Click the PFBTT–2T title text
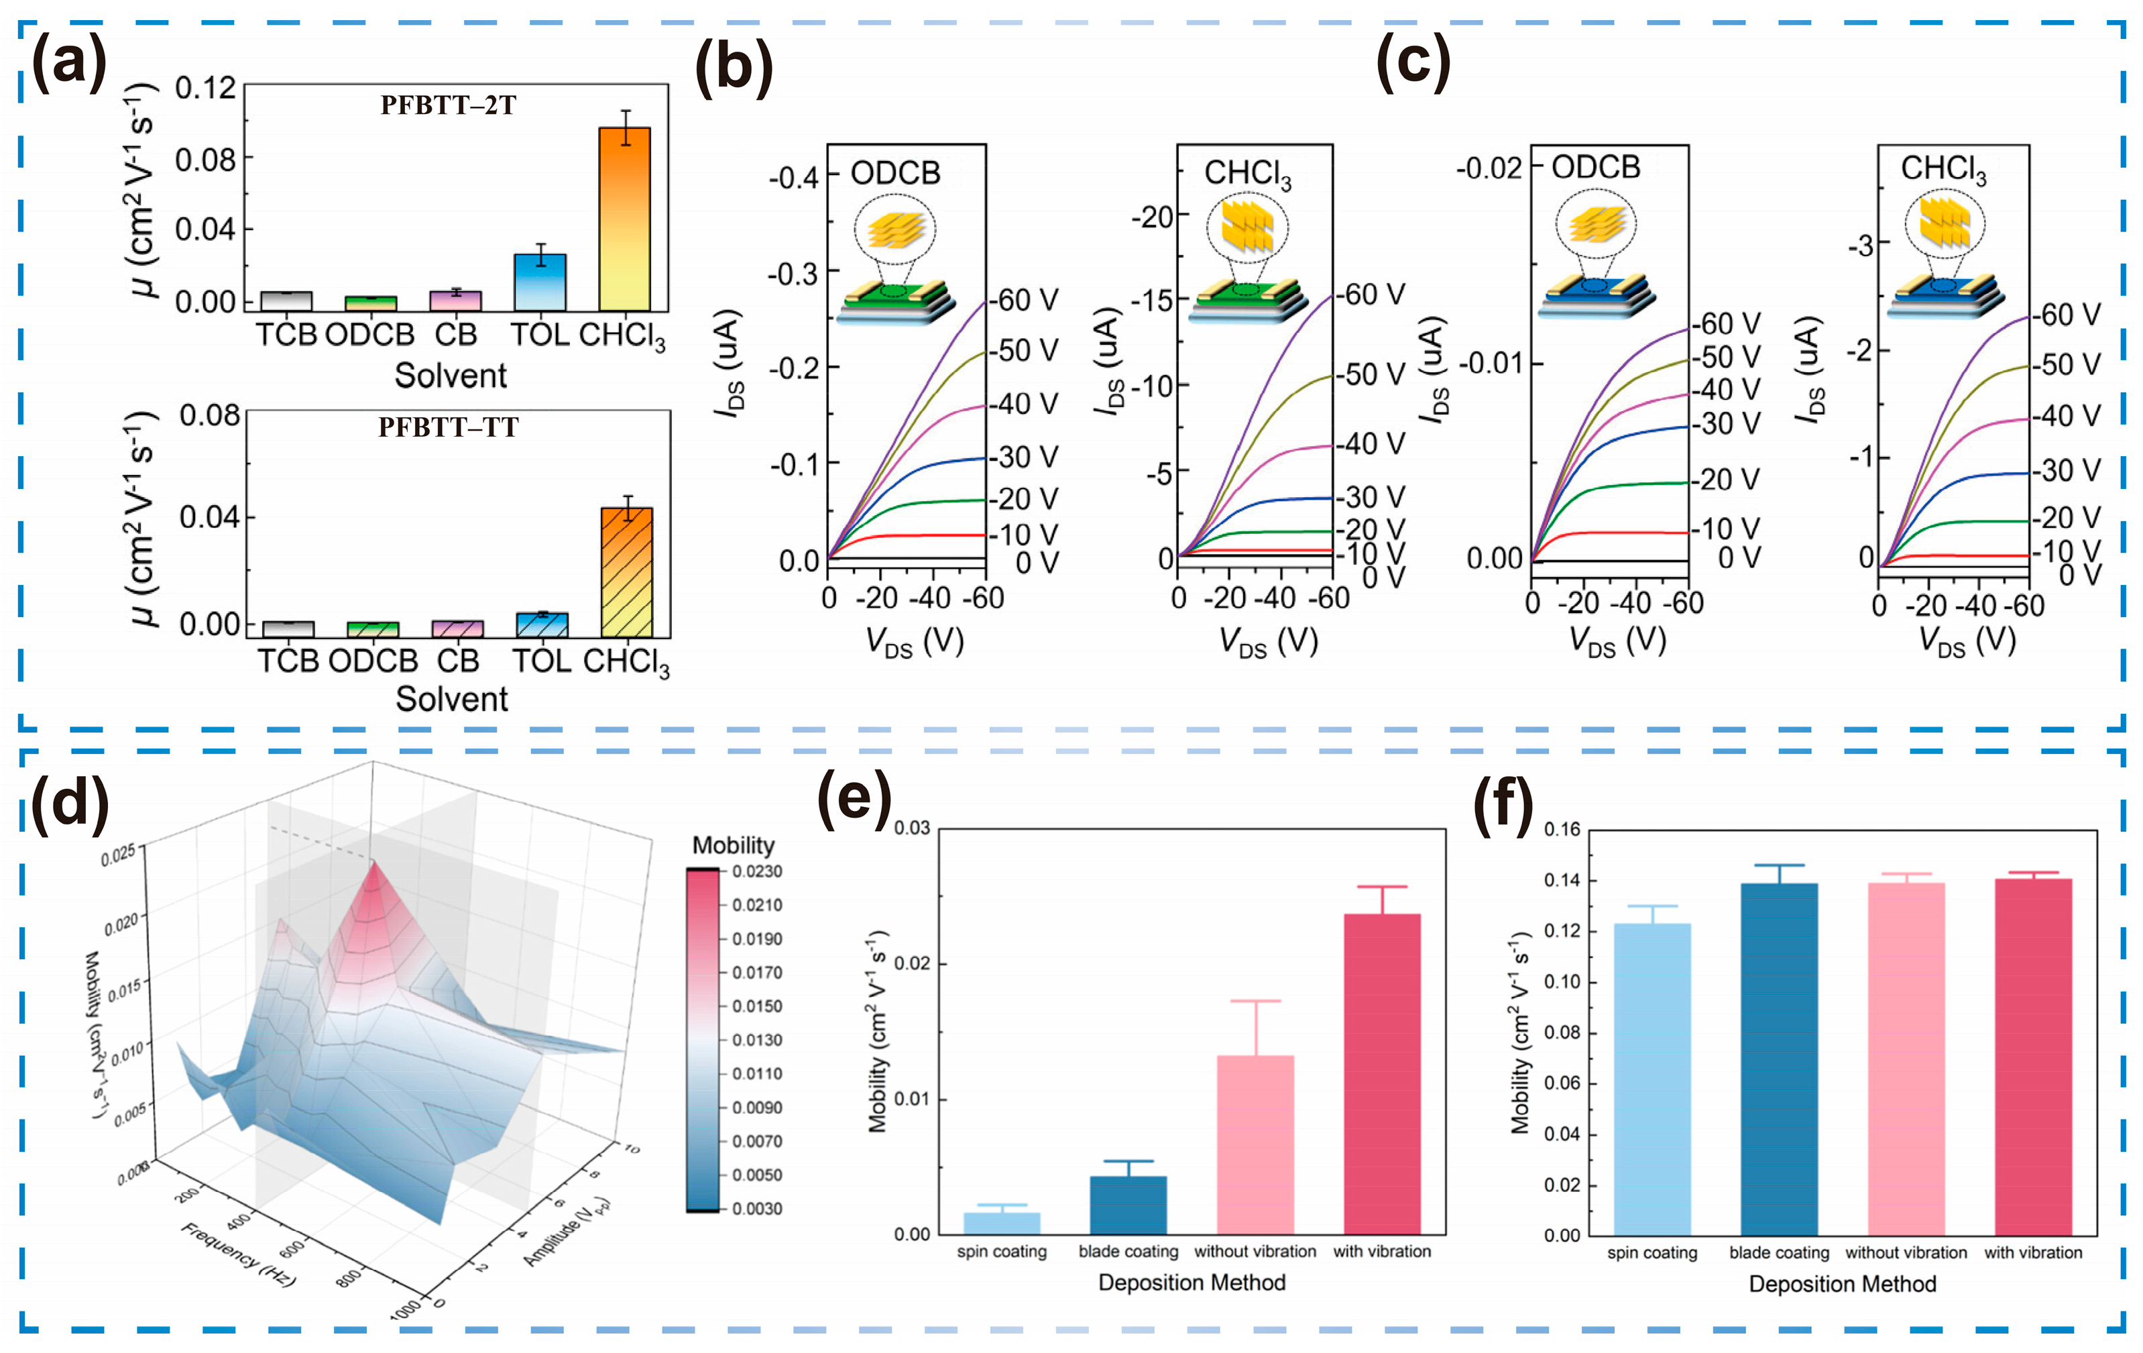pyautogui.click(x=448, y=106)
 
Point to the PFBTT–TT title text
pyautogui.click(x=448, y=427)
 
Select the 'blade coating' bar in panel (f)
pyautogui.click(x=1778, y=1059)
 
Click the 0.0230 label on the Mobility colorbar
pyautogui.click(x=756, y=871)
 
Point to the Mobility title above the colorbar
pyautogui.click(x=734, y=845)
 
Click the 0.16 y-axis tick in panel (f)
pyautogui.click(x=1561, y=830)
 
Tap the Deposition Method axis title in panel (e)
pyautogui.click(x=1192, y=1283)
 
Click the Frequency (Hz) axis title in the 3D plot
pyautogui.click(x=239, y=1255)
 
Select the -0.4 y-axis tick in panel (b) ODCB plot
pyautogui.click(x=793, y=178)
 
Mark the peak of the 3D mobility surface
pyautogui.click(x=373, y=863)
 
